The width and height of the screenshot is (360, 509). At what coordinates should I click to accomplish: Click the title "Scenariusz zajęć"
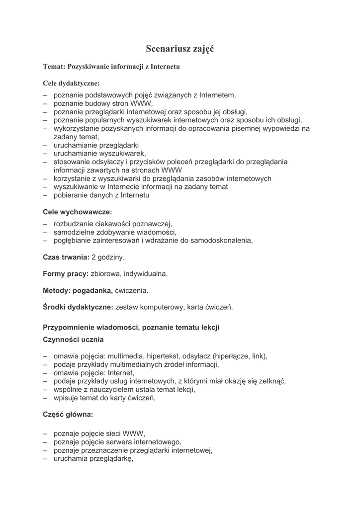click(x=180, y=48)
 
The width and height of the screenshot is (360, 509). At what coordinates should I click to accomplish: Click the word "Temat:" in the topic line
click(x=54, y=66)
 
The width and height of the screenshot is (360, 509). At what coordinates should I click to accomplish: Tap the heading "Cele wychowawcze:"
click(x=77, y=212)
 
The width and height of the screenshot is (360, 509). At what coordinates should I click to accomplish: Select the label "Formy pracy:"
click(x=66, y=273)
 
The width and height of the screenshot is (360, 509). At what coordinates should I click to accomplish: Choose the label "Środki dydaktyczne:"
click(x=78, y=307)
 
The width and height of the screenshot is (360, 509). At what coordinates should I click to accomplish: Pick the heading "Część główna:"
click(x=68, y=413)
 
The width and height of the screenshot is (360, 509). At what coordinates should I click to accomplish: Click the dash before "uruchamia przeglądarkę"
click(x=45, y=460)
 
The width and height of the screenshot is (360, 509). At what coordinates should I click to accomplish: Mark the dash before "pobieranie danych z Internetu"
click(x=45, y=196)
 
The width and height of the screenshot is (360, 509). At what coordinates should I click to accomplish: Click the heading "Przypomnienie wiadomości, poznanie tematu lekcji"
click(x=131, y=328)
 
